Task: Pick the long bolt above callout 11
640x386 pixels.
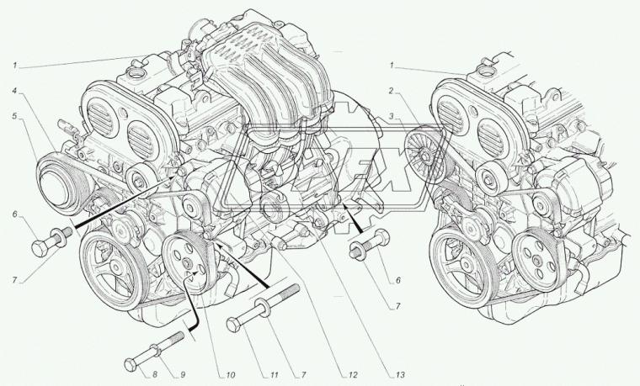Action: (265, 308)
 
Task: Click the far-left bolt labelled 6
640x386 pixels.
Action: (48, 241)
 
